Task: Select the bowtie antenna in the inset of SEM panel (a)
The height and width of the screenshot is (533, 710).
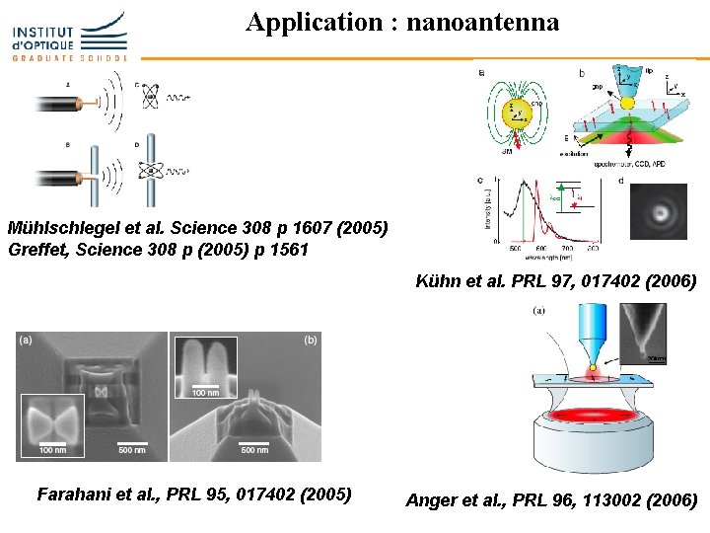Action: coord(56,420)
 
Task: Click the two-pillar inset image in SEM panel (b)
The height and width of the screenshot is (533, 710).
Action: coord(206,364)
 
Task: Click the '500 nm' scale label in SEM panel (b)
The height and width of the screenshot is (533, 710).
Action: coord(254,450)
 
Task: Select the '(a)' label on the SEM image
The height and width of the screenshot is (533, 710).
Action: coord(26,340)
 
